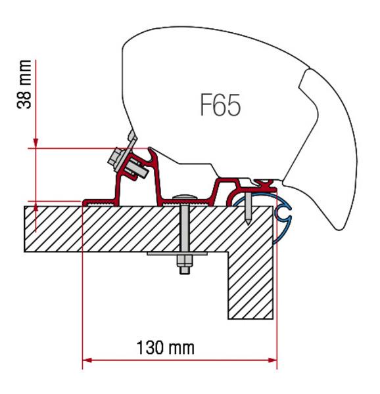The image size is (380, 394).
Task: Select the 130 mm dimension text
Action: point(165,347)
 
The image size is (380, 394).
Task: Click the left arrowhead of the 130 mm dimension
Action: point(86,360)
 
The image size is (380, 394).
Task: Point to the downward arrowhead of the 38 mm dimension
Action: point(37,142)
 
